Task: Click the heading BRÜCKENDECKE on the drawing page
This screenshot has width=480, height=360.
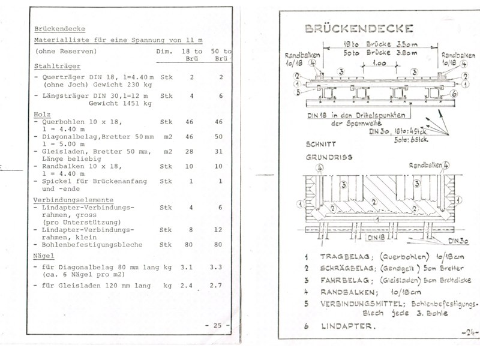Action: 358,29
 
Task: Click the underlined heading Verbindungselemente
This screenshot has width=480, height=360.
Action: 74,200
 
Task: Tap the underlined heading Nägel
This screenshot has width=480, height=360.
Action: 45,256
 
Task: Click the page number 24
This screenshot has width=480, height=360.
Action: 464,332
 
